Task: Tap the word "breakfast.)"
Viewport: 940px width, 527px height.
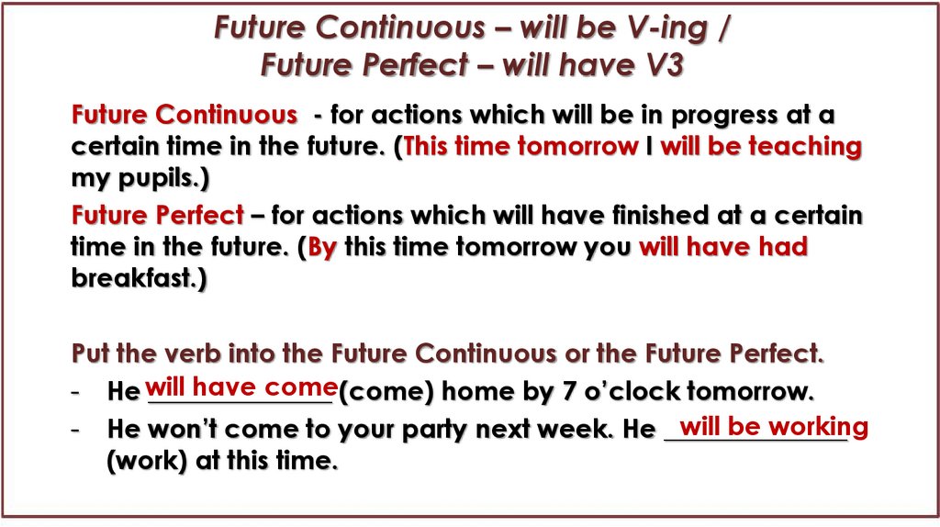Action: pos(140,278)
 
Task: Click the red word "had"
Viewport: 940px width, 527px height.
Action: pos(782,248)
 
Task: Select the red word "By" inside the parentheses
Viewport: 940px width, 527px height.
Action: pos(322,248)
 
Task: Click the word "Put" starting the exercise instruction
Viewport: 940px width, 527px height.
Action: pos(90,353)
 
